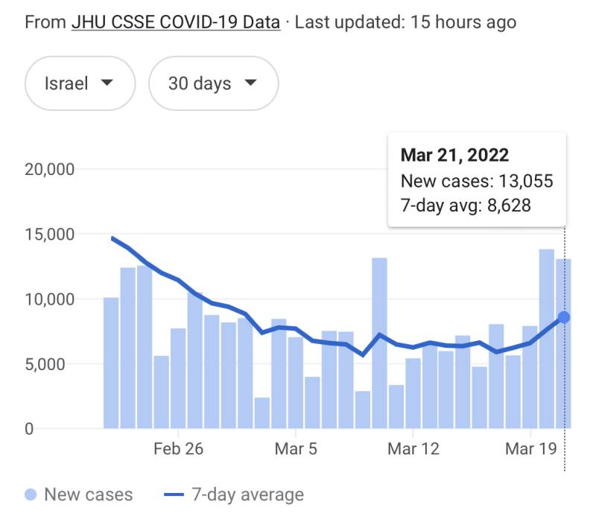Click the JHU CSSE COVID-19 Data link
tap(176, 22)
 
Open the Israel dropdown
tap(80, 83)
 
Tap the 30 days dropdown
tap(213, 83)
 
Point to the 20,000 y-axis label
tap(49, 169)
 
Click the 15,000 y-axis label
tap(49, 234)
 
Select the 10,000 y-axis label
tap(49, 299)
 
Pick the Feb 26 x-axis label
tap(178, 449)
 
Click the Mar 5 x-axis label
tap(296, 449)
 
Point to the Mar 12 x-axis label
tap(413, 449)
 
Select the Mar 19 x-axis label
tap(530, 449)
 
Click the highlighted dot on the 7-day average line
tap(565, 317)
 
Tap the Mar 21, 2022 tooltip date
tap(454, 155)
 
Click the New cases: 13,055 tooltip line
tap(477, 181)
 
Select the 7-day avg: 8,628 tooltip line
tap(466, 205)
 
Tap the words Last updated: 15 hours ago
tap(406, 22)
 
